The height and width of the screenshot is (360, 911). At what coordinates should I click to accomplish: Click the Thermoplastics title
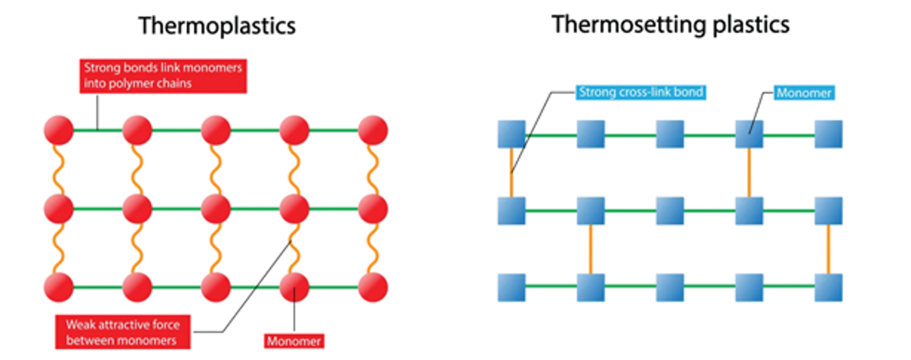[x=217, y=27]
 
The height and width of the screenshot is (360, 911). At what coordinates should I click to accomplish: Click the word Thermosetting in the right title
[x=617, y=25]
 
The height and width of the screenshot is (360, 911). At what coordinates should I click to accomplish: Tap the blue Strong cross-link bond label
[x=641, y=93]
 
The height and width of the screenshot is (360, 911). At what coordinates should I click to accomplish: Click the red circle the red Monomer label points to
[x=295, y=287]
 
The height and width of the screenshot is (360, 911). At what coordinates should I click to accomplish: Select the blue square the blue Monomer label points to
[x=749, y=134]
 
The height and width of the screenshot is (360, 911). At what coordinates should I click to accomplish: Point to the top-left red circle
[x=59, y=131]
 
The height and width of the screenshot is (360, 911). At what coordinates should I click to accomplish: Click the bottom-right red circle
[x=373, y=287]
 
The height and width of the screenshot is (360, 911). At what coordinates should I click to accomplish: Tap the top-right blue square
[x=828, y=134]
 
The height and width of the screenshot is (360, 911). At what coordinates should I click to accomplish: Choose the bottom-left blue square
[x=512, y=288]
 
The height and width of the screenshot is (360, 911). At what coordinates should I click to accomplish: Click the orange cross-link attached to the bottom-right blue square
[x=828, y=249]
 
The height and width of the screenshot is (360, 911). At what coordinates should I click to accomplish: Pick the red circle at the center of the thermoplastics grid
[x=216, y=207]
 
